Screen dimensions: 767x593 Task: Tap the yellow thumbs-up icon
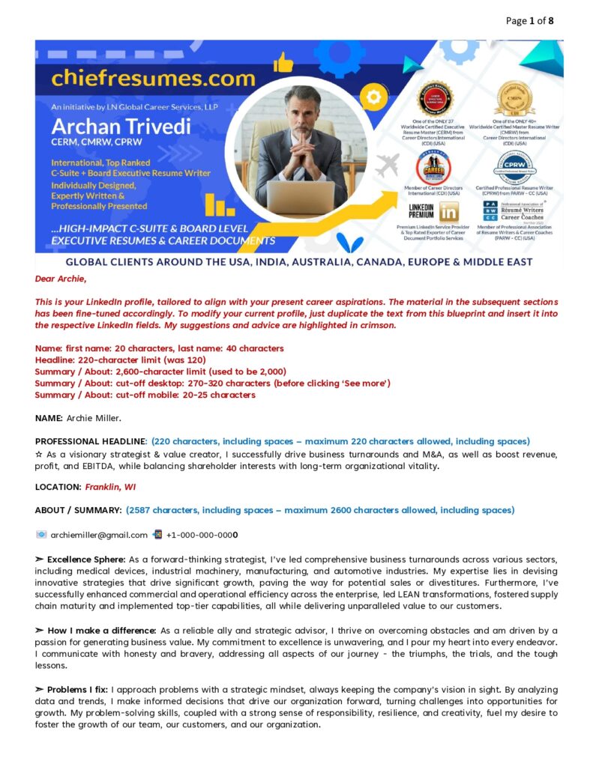tap(283, 63)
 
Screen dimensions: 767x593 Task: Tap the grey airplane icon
tap(387, 165)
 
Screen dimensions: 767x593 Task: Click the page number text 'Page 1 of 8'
tap(530, 21)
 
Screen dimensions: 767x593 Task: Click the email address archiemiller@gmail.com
tap(99, 535)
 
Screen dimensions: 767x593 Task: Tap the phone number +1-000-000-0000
tap(202, 535)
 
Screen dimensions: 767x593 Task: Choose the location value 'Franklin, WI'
tap(110, 487)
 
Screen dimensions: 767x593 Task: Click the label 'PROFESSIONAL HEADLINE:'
tap(91, 441)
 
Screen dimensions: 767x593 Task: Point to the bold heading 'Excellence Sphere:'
tap(86, 559)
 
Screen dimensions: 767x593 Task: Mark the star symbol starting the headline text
tap(39, 454)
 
